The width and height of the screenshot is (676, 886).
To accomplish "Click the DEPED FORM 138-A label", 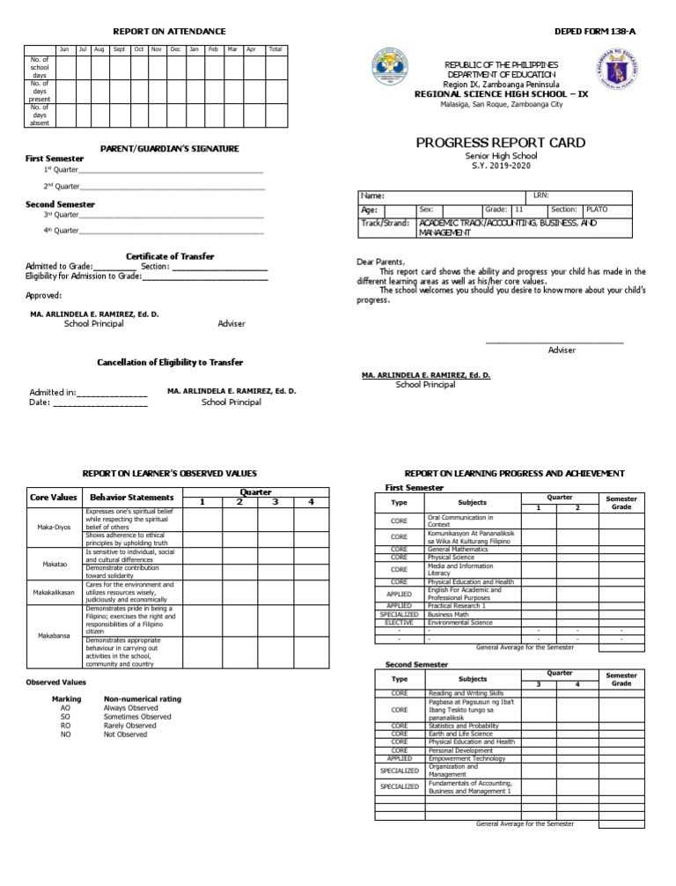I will click(594, 31).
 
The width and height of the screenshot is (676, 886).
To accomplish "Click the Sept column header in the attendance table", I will click(119, 49).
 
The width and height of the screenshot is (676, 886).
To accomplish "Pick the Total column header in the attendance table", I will click(275, 49).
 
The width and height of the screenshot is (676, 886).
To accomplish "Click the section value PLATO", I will click(597, 210).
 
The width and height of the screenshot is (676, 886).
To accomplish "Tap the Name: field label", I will click(372, 196).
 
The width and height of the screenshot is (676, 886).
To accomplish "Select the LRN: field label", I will click(541, 196).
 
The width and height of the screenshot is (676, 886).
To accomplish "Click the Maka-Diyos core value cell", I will click(50, 527).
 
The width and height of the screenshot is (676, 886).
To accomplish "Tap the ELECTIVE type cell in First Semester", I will click(399, 622).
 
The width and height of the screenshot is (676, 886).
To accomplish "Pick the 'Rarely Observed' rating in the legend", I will click(130, 726).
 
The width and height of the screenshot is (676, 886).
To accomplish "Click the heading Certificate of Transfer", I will click(170, 256).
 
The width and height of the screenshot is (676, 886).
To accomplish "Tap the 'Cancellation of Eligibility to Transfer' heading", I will click(170, 362).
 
